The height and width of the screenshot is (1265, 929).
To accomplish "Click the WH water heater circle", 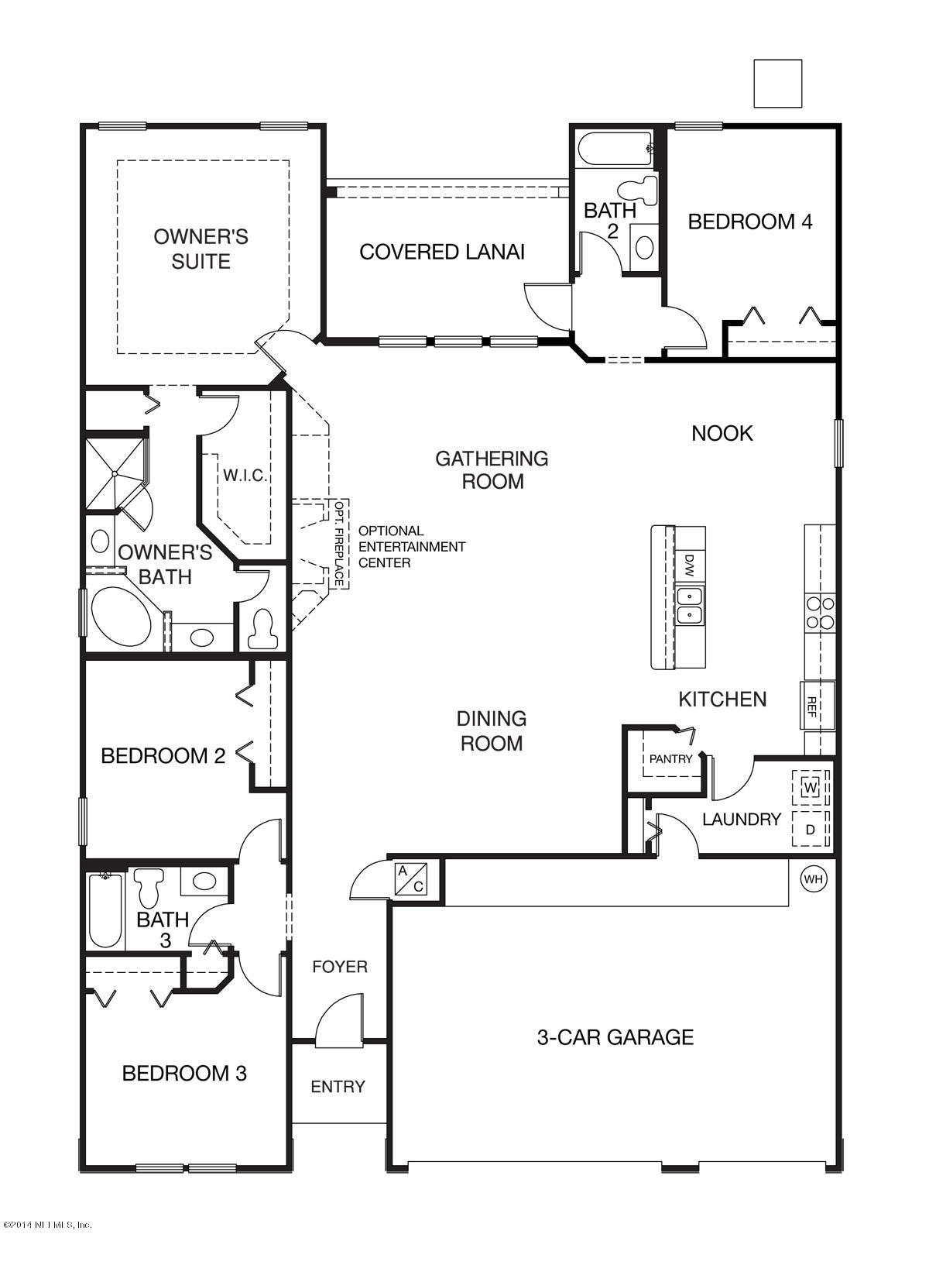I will pyautogui.click(x=812, y=879).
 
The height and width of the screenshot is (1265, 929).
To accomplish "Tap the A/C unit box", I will pyautogui.click(x=410, y=878).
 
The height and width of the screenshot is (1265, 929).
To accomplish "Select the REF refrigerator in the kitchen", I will pyautogui.click(x=817, y=706).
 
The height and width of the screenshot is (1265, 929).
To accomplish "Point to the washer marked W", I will pyautogui.click(x=811, y=788).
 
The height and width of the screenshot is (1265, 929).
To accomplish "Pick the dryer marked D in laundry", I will pyautogui.click(x=811, y=829).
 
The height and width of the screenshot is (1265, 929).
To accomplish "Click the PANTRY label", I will pyautogui.click(x=670, y=758).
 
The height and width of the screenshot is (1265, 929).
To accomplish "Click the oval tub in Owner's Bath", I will pyautogui.click(x=122, y=616).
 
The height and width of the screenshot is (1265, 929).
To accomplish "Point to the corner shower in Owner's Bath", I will pyautogui.click(x=114, y=473).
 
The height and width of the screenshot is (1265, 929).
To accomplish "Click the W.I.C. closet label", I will pyautogui.click(x=245, y=476).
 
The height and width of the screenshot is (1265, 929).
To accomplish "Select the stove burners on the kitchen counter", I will pyautogui.click(x=820, y=612).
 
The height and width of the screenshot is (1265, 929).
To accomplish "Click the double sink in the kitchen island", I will pyautogui.click(x=689, y=605).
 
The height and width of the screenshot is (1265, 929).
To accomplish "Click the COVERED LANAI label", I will pyautogui.click(x=442, y=252).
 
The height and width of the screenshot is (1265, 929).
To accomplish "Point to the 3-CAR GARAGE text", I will pyautogui.click(x=615, y=1036).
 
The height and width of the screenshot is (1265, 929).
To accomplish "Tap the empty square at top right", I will pyautogui.click(x=777, y=84).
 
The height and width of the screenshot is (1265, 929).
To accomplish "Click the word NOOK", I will pyautogui.click(x=722, y=433).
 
